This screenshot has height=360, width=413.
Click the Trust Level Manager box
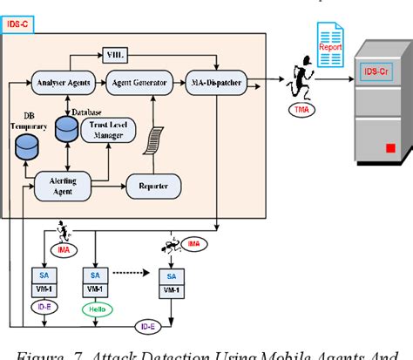coord(108,131)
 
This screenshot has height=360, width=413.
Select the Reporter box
coord(153,185)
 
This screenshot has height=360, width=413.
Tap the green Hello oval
coord(95,307)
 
